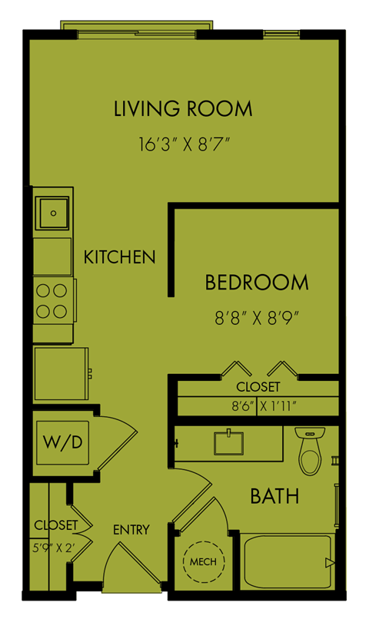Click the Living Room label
click(x=183, y=109)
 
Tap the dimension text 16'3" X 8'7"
click(x=184, y=144)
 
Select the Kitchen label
click(x=120, y=257)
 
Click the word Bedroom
click(x=257, y=283)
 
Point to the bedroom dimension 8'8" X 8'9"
click(x=257, y=318)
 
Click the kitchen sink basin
click(x=53, y=213)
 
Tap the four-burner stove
click(x=52, y=301)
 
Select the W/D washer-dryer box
click(x=63, y=442)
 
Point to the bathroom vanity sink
click(x=229, y=443)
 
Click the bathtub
click(x=289, y=561)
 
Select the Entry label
click(x=131, y=530)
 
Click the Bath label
click(x=275, y=496)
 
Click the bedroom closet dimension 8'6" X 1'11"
click(x=264, y=406)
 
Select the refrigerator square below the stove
click(x=61, y=374)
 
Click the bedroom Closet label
click(x=258, y=387)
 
